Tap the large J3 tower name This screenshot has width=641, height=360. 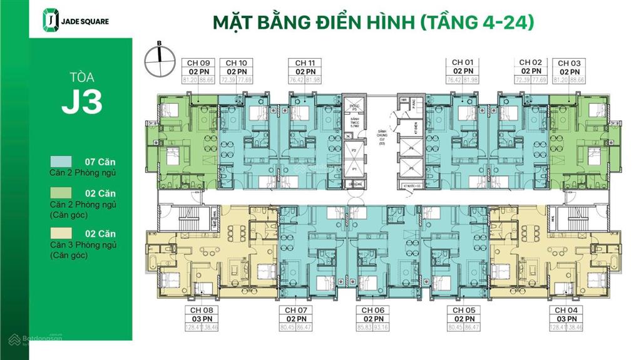[82, 102]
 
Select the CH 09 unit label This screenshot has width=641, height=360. [198, 63]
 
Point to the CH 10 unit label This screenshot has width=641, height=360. [236, 63]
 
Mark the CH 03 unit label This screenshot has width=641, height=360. [569, 63]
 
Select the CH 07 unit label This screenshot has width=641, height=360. [295, 310]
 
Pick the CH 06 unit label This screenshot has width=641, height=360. [372, 310]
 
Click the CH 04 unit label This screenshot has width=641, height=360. [565, 310]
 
